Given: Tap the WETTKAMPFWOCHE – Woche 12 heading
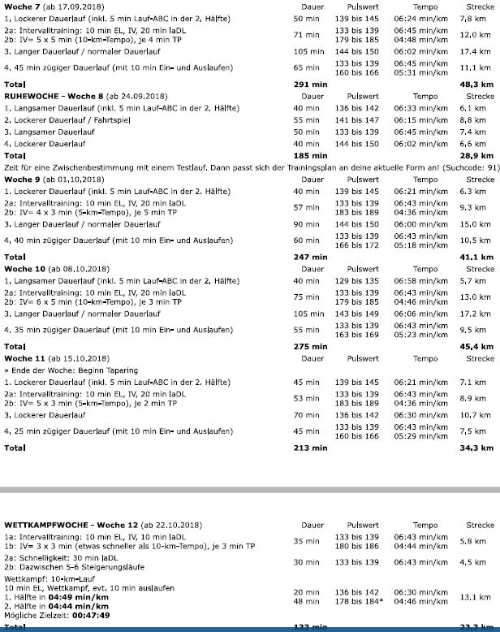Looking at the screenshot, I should (x=103, y=525).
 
